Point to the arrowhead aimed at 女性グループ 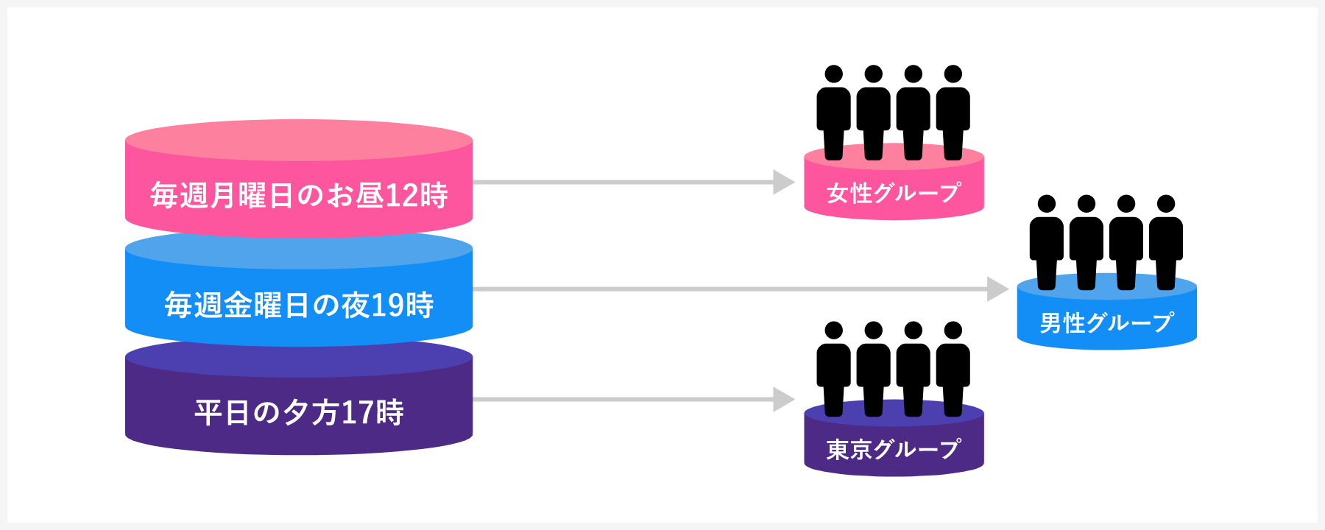[x=783, y=182]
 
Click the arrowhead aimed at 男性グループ [x=997, y=289]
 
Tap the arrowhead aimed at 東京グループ [x=783, y=399]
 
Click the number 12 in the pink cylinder [x=401, y=196]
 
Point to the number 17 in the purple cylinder [x=357, y=413]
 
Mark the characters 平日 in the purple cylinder [x=222, y=413]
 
